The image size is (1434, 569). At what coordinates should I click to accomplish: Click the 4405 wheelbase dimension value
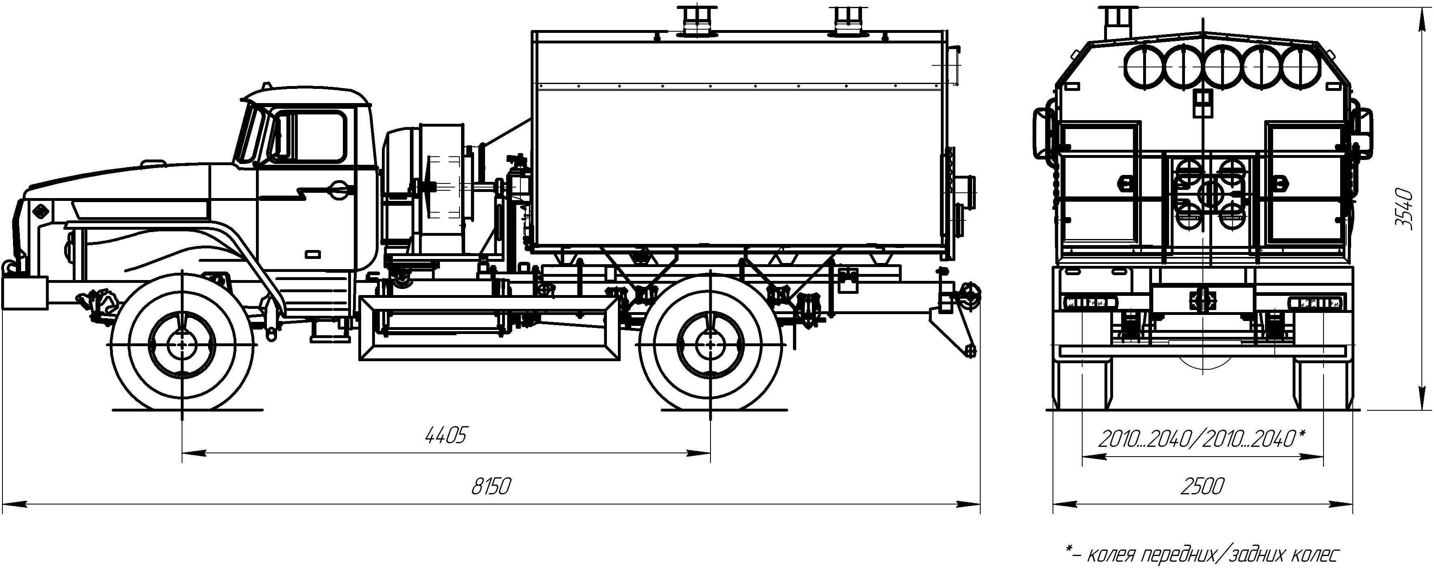(445, 435)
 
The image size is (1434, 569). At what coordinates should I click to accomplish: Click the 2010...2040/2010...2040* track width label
(1202, 440)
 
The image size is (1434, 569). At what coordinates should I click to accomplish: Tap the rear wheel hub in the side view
(711, 345)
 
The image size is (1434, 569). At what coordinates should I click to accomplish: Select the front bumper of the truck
(24, 293)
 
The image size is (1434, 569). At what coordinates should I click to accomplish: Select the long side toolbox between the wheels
(490, 329)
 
